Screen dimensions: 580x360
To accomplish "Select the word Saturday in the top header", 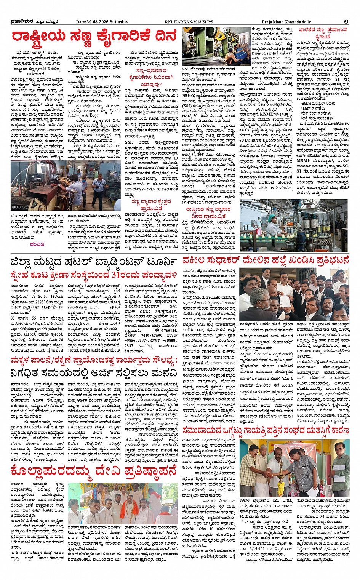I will [x=119, y=22].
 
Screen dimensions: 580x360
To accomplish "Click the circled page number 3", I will [x=346, y=22].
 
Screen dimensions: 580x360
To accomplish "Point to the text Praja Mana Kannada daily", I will [x=286, y=22].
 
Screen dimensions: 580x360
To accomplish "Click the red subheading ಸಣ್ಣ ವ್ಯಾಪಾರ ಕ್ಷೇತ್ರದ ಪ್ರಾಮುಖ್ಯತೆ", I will [x=151, y=205].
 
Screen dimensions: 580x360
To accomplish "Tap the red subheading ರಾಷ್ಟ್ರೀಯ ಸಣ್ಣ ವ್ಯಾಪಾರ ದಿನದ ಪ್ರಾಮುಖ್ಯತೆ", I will [x=208, y=213].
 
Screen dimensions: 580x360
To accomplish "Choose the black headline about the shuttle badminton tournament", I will [x=94, y=262].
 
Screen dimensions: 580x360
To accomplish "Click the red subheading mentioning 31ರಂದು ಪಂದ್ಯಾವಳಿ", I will [x=94, y=275].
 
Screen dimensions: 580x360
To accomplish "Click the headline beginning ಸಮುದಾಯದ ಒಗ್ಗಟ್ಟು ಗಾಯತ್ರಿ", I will [x=266, y=430].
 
